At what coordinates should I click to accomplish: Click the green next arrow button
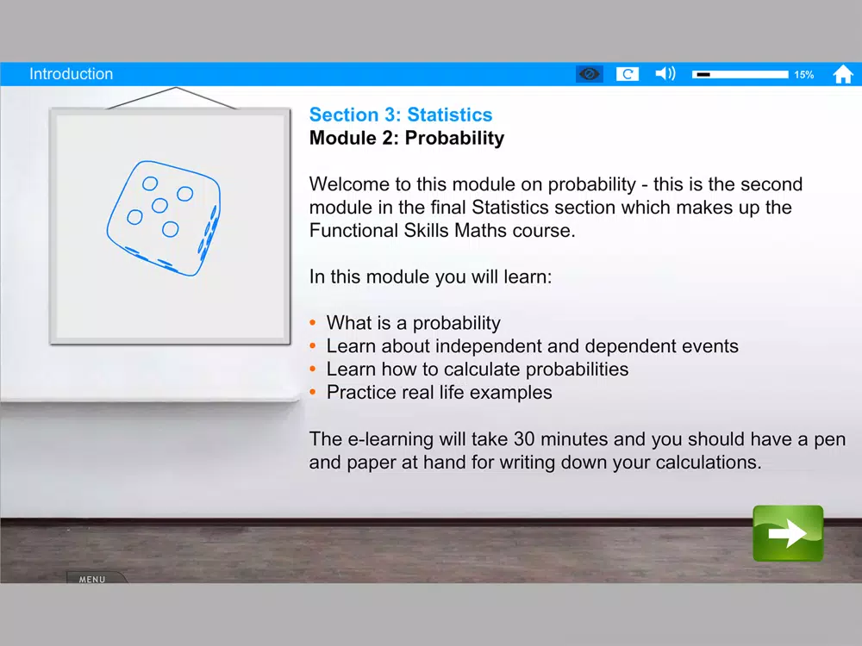(788, 533)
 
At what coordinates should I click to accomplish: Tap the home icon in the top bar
(843, 74)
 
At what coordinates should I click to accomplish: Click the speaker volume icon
(665, 73)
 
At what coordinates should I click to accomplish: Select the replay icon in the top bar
(628, 74)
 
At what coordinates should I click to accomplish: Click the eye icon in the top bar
(590, 74)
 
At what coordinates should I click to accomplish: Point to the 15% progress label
(803, 75)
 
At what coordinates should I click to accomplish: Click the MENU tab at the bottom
(92, 579)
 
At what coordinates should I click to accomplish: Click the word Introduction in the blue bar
(71, 74)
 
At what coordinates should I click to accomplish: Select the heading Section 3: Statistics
(401, 115)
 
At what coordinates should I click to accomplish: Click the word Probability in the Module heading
(454, 138)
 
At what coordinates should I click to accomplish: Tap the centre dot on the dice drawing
(159, 206)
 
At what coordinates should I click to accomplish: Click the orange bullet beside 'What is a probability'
(313, 322)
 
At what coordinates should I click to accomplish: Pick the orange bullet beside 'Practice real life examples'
(313, 392)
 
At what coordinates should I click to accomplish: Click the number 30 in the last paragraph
(524, 439)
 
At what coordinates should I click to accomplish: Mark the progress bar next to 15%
(740, 74)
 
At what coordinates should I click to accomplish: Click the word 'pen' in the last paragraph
(829, 440)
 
